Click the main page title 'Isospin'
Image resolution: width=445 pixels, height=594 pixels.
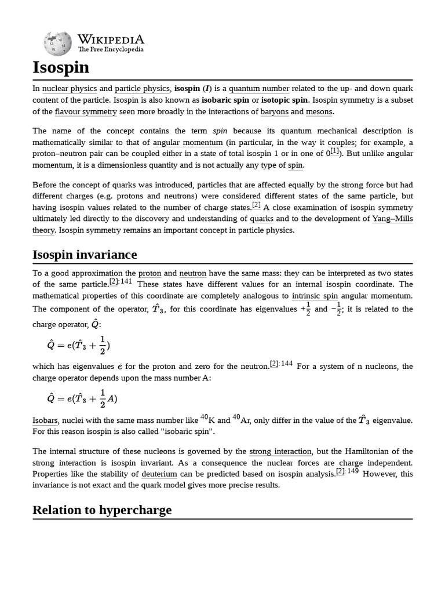(x=61, y=68)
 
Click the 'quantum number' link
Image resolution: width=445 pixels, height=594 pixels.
(x=259, y=89)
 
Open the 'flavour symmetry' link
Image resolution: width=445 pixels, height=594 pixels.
(x=86, y=111)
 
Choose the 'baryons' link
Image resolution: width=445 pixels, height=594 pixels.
(x=274, y=111)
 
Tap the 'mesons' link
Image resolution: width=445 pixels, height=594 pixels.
(x=319, y=111)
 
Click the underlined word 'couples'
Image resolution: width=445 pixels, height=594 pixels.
(x=341, y=142)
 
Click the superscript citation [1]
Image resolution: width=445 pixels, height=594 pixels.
(x=335, y=151)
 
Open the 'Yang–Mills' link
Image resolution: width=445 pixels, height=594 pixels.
(x=392, y=219)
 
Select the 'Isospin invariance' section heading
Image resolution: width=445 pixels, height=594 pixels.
(x=85, y=255)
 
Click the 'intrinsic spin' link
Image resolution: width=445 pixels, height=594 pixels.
(x=315, y=296)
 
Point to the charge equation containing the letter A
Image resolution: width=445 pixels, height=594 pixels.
(x=82, y=399)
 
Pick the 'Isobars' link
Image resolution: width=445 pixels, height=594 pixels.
(x=45, y=421)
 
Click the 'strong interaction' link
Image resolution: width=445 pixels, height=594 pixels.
(x=280, y=451)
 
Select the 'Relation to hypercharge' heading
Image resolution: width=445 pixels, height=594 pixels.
(x=102, y=510)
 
